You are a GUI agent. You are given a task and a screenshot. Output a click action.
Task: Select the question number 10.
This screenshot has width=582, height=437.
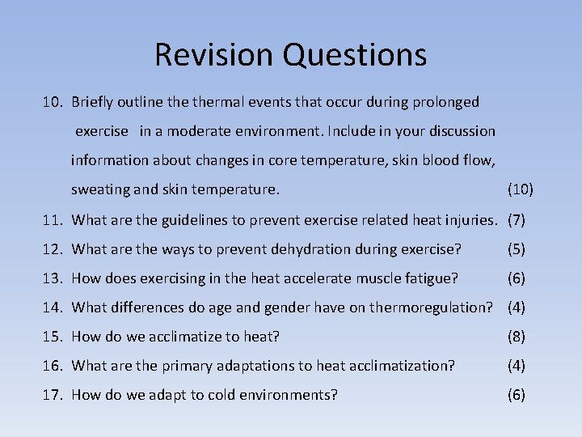[x=54, y=102]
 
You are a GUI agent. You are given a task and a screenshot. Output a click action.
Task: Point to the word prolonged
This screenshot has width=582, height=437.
[x=447, y=102]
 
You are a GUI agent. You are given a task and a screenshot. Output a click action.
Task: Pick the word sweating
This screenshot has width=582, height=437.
[x=100, y=190]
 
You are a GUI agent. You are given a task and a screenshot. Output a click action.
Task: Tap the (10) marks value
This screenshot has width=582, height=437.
[x=520, y=190]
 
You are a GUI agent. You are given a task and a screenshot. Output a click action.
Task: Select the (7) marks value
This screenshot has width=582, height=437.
[x=517, y=219]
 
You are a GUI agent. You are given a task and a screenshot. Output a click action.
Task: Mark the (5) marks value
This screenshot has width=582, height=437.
[x=517, y=248]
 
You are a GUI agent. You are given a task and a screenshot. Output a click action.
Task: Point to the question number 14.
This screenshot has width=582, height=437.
[x=54, y=307]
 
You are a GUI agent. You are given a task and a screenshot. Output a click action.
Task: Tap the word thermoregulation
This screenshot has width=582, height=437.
[x=431, y=307]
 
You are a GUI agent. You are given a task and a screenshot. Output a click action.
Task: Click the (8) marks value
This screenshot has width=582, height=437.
[x=517, y=336]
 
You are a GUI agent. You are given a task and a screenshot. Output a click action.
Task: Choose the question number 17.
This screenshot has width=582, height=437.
[x=54, y=394]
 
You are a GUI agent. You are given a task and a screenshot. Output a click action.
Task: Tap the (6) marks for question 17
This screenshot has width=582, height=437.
[x=517, y=394]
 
